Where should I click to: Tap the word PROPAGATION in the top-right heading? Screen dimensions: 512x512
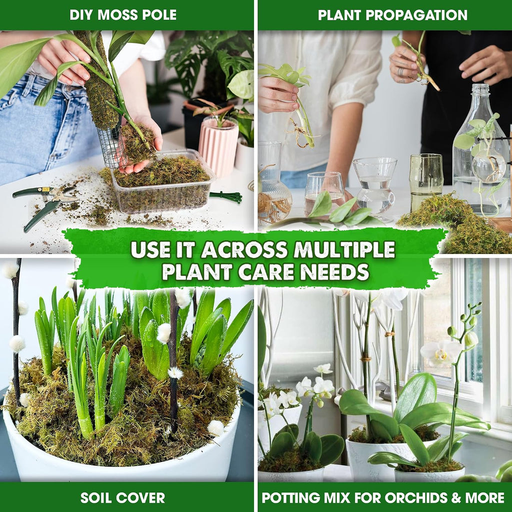416,15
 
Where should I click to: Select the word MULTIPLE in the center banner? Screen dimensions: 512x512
344,249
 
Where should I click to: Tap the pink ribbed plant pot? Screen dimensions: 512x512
218,145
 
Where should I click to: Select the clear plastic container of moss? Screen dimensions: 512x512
162,181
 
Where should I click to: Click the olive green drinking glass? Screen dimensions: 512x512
426,181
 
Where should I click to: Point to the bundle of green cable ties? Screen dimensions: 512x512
226,197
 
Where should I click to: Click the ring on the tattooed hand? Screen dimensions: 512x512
400,71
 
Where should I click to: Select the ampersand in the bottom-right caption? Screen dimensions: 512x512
456,498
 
